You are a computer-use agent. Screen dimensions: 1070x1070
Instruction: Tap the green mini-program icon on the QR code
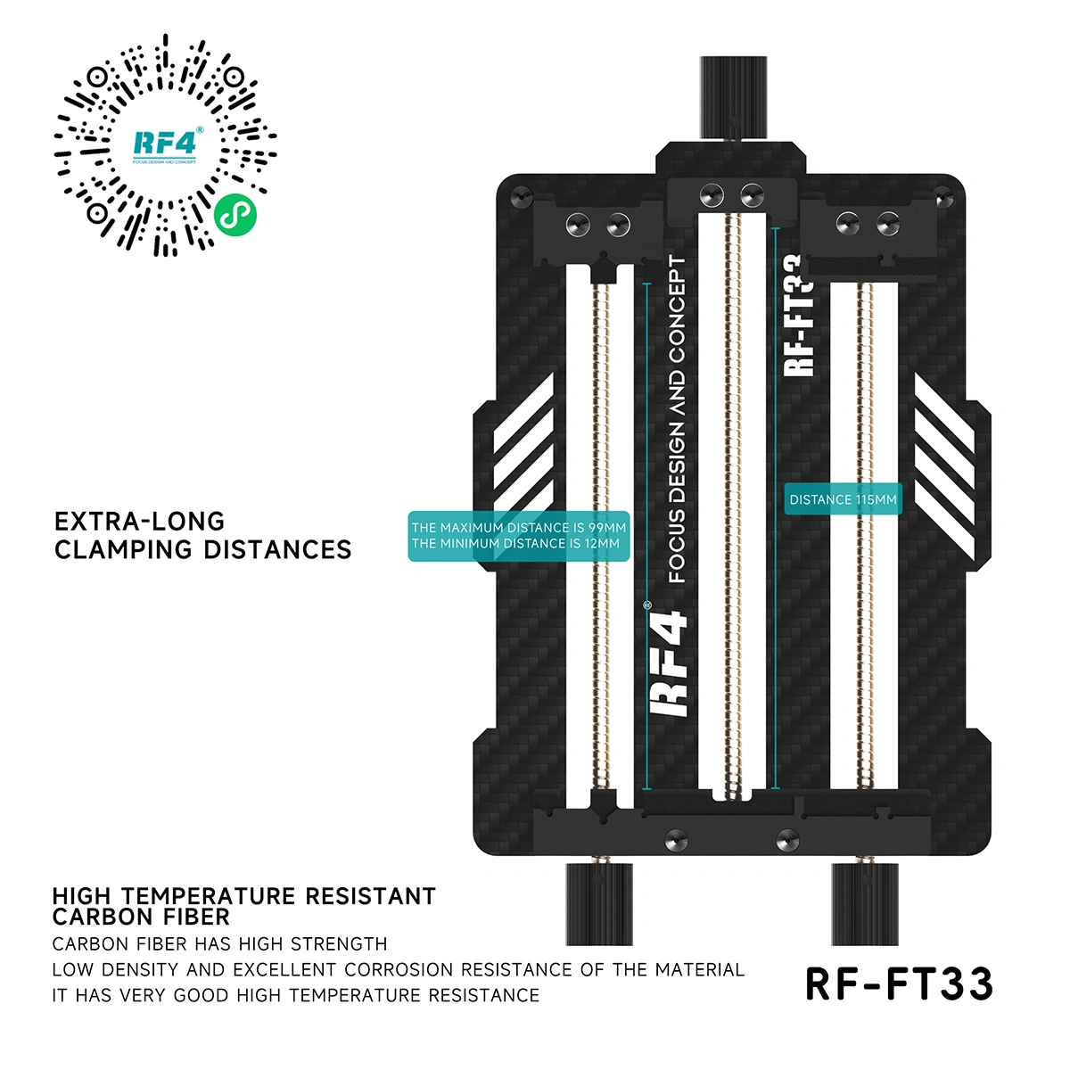(235, 215)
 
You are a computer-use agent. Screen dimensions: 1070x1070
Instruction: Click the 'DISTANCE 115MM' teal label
(843, 499)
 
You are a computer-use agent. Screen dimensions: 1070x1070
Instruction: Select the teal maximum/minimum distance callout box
(519, 536)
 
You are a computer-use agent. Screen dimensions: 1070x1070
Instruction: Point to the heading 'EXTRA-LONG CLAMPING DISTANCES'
(202, 535)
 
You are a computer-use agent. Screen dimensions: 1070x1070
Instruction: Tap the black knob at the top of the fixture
(733, 98)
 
